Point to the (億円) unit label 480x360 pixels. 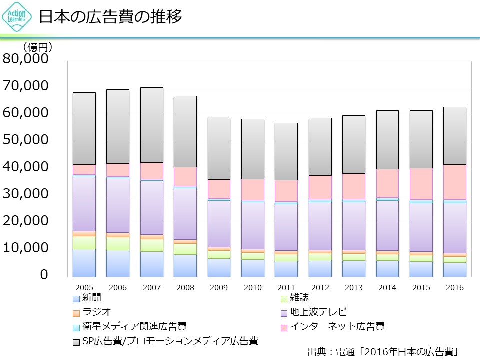tap(38, 47)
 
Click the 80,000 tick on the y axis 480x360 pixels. tap(26, 59)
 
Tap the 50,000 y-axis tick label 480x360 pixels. tap(26, 140)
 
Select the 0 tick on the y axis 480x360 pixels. tap(44, 275)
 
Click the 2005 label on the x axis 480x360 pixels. tap(84, 287)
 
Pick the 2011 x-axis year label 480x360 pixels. tap(286, 287)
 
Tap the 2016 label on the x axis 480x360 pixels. tap(455, 287)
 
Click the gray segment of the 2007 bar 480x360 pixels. tap(151, 125)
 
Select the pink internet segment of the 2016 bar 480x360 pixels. tap(455, 182)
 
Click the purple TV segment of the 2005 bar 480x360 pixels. tap(84, 203)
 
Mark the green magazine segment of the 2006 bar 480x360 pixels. tap(118, 243)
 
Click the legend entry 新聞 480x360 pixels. tap(87, 298)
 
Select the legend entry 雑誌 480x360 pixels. tap(295, 298)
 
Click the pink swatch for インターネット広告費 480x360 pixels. tap(284, 328)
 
